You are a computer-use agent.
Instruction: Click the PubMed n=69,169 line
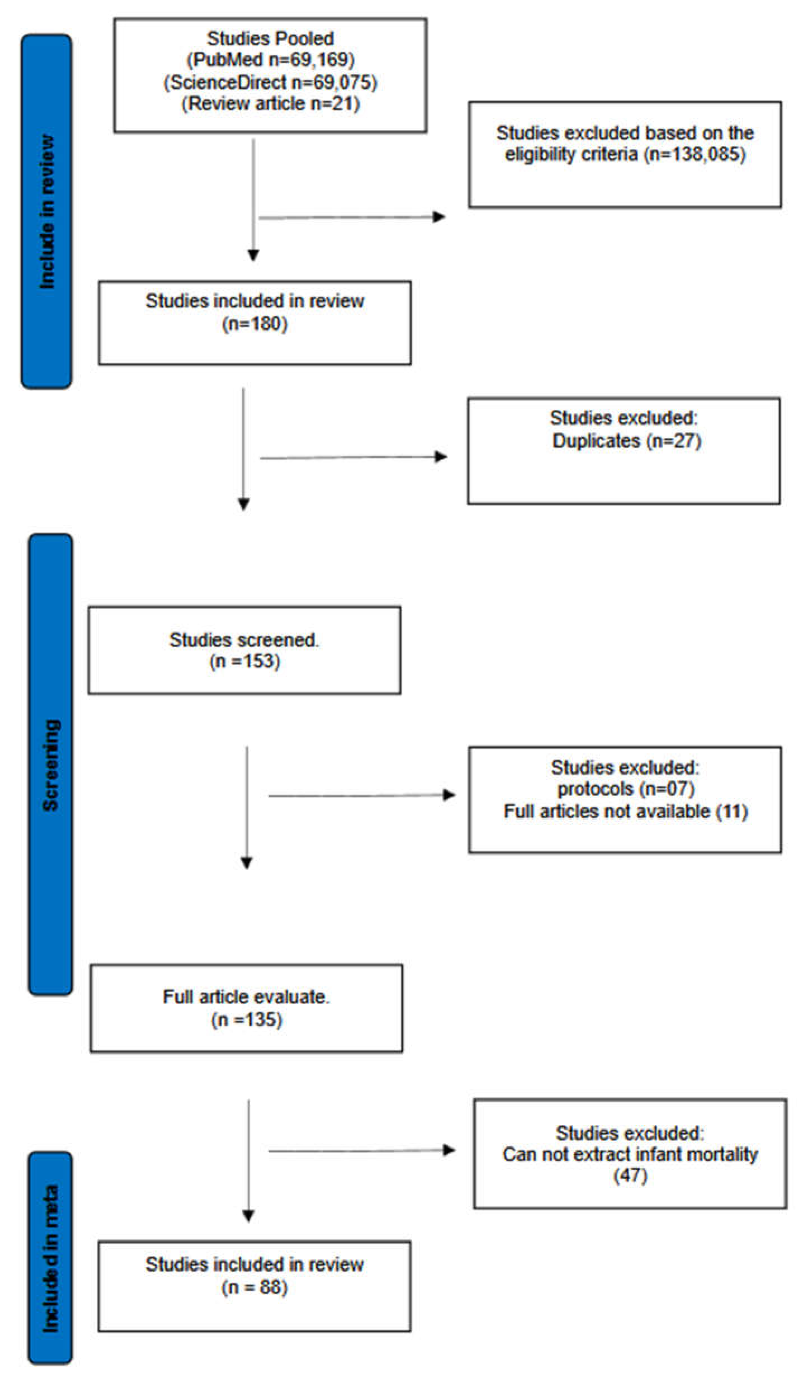(270, 60)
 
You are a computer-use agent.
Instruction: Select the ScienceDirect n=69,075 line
(270, 82)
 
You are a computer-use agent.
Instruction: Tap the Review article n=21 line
(270, 103)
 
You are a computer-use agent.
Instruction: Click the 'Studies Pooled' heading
(270, 38)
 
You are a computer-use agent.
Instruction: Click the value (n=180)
(255, 324)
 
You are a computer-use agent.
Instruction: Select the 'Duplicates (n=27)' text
(626, 441)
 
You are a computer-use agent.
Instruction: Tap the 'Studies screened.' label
(244, 640)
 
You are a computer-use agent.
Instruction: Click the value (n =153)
(244, 662)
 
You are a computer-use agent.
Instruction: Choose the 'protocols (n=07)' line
(625, 789)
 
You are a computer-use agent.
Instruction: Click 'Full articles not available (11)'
(625, 811)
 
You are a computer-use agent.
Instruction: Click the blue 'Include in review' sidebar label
(47, 212)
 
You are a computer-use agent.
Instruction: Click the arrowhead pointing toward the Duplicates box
(440, 457)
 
